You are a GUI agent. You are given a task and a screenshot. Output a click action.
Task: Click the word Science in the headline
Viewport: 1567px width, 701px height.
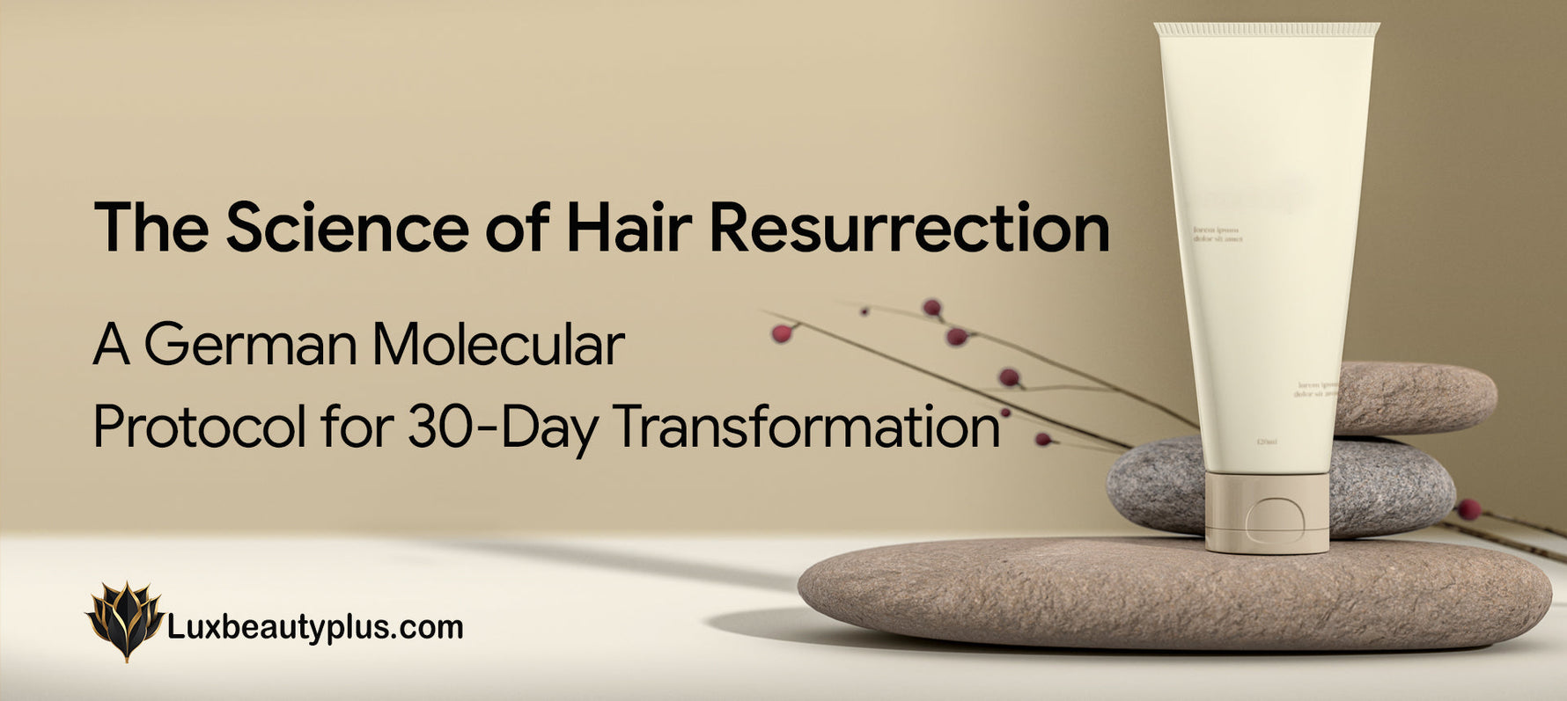346,228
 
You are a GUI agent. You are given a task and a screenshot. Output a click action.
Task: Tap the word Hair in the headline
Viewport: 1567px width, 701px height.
629,228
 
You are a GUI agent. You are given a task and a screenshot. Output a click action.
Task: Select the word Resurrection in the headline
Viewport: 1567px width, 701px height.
909,228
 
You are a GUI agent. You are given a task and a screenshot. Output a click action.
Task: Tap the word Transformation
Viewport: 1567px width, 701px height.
806,428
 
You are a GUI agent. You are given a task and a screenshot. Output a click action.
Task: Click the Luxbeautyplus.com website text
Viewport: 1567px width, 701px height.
314,628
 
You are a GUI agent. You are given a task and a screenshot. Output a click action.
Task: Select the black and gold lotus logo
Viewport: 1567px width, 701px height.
125,620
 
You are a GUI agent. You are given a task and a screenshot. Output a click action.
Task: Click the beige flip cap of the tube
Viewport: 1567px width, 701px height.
1267,513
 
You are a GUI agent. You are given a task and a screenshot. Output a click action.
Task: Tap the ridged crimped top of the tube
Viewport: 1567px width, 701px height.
1266,30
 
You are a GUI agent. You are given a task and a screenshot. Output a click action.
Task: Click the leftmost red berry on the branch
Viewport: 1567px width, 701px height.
781,333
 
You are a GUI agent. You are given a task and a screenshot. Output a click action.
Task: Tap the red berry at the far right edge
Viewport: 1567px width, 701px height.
1468,508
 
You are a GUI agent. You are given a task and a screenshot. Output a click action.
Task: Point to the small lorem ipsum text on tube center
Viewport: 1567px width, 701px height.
1218,234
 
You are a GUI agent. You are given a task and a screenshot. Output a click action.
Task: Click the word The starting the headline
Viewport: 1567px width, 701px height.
151,228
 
